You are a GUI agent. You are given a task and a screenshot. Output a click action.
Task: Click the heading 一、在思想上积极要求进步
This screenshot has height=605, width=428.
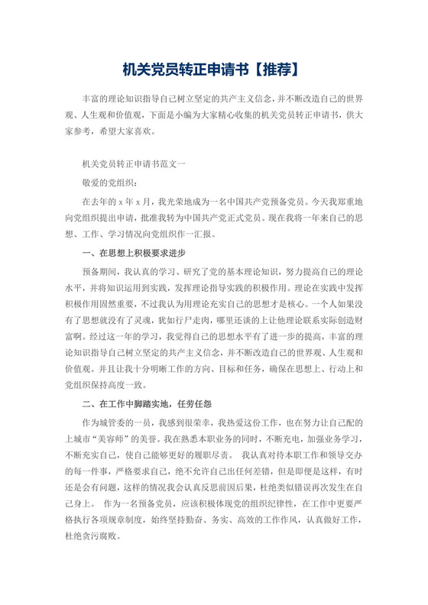133,252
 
